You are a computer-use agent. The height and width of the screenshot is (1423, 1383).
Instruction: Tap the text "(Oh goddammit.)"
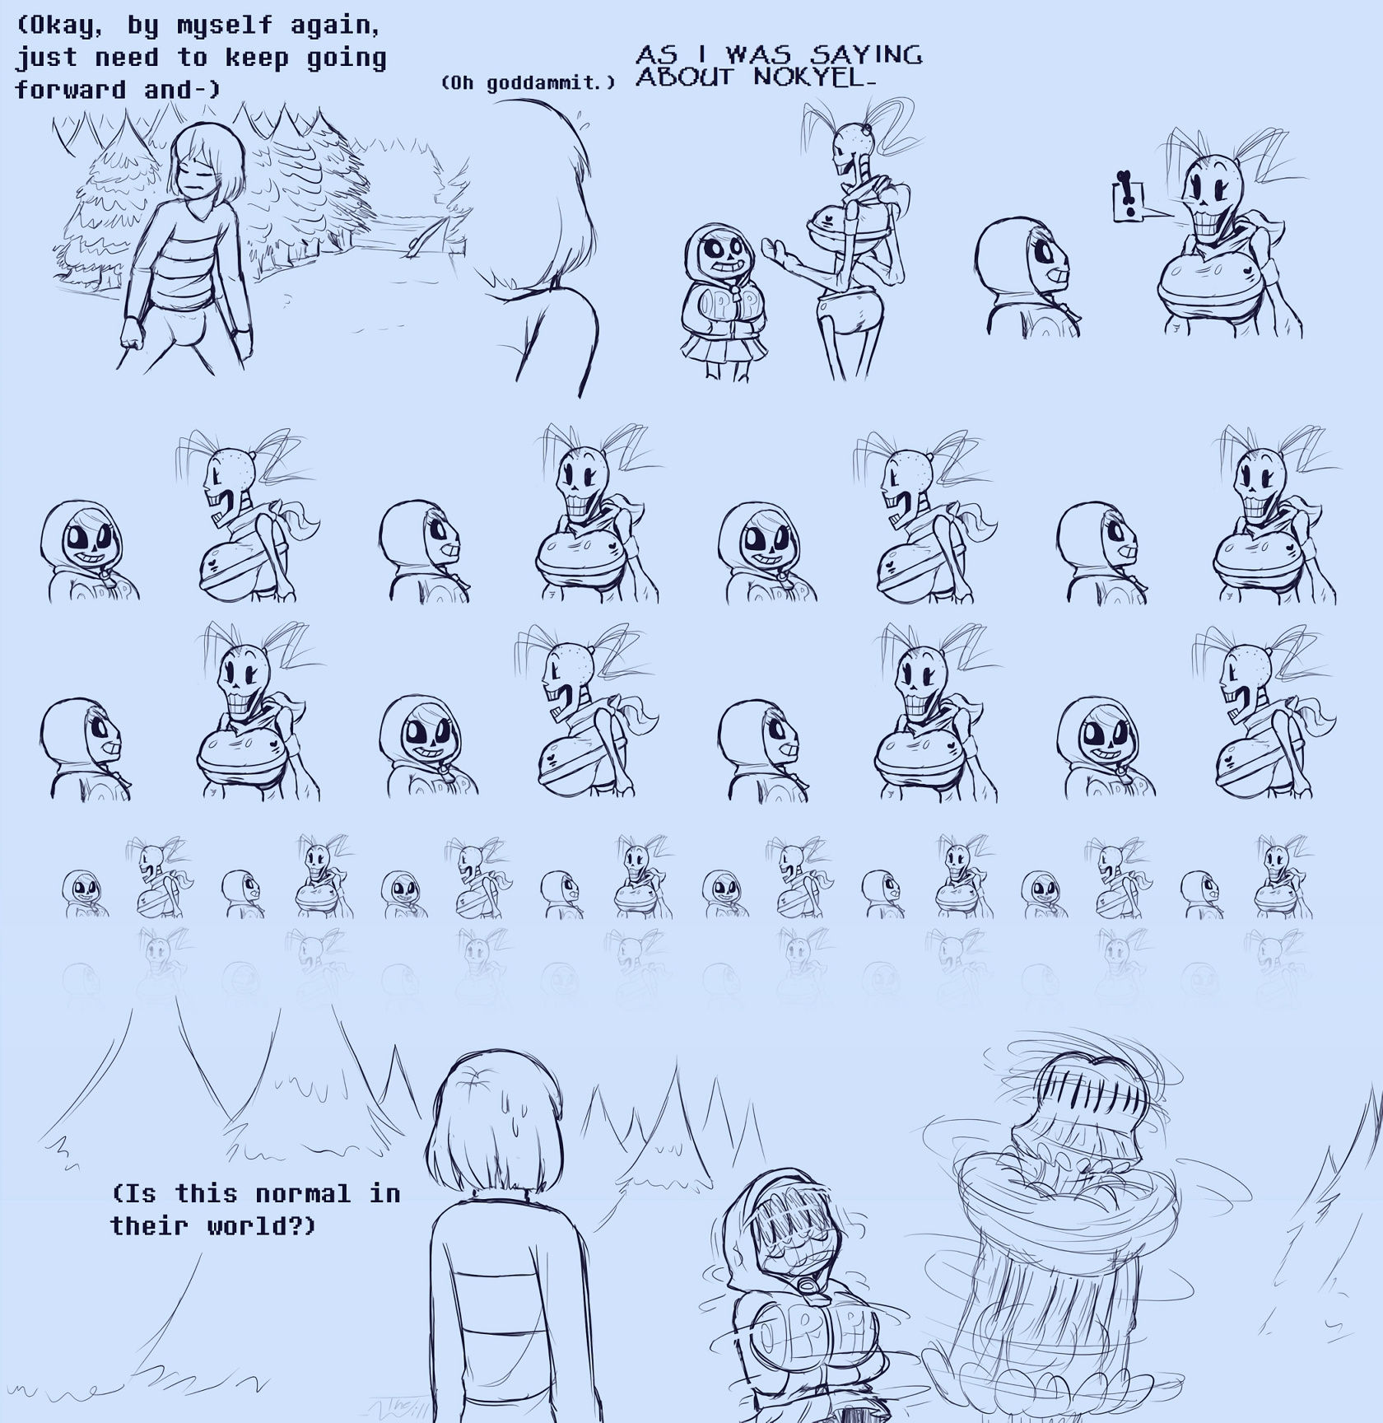pyautogui.click(x=528, y=82)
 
